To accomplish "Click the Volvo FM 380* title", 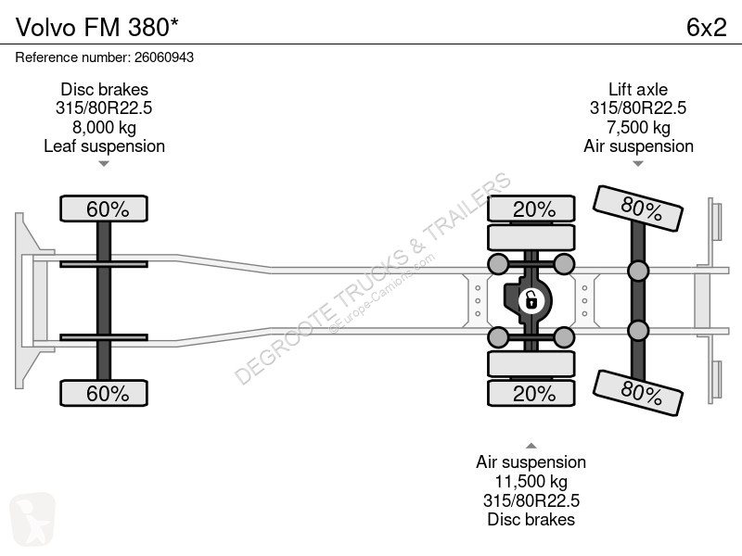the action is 97,27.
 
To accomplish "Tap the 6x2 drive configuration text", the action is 706,27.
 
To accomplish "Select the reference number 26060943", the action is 164,57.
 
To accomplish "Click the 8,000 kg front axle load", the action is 104,127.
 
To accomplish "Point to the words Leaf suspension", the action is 104,146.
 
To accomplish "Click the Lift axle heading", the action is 638,89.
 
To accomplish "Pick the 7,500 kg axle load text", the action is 638,127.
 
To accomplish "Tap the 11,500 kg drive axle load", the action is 531,481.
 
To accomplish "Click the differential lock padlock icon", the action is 531,300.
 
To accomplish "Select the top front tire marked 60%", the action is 104,208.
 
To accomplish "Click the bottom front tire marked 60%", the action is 104,393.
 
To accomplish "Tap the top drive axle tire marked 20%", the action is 531,208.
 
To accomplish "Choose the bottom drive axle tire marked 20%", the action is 531,393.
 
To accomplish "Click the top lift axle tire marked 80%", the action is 638,208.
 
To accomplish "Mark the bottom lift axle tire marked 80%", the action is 638,393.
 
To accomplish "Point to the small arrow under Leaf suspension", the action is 104,164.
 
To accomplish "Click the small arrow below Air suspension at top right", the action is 638,164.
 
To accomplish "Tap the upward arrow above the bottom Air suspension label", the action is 531,446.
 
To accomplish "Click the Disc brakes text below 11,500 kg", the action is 531,520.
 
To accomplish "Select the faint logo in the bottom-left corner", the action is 32,519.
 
